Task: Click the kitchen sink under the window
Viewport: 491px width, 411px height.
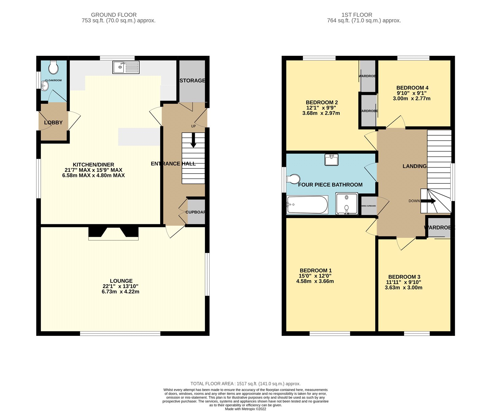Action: click(x=126, y=67)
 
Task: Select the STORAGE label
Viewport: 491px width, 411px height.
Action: click(x=192, y=81)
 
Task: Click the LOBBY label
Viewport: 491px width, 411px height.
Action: click(x=53, y=123)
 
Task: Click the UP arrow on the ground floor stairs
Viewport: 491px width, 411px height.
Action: click(x=193, y=140)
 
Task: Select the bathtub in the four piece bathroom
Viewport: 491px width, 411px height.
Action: click(x=307, y=205)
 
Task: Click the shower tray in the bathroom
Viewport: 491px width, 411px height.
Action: click(x=347, y=204)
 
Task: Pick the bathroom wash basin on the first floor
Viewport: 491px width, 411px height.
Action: click(x=331, y=160)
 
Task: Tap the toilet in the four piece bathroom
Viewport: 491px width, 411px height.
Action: click(x=293, y=179)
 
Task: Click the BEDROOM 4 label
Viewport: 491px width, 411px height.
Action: click(x=412, y=88)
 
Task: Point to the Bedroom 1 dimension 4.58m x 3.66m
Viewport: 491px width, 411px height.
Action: click(x=315, y=281)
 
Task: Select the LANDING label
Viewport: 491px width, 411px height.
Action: click(x=415, y=166)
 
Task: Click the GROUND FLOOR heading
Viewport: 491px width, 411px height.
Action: click(x=114, y=15)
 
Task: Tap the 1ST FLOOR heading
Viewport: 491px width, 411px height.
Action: click(x=357, y=15)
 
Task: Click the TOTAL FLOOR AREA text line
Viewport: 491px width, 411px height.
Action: click(x=245, y=384)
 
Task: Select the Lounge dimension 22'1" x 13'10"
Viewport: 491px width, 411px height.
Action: click(x=121, y=286)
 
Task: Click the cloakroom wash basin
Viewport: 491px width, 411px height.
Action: click(x=45, y=86)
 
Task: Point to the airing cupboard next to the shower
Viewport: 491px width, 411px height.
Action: click(x=368, y=206)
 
